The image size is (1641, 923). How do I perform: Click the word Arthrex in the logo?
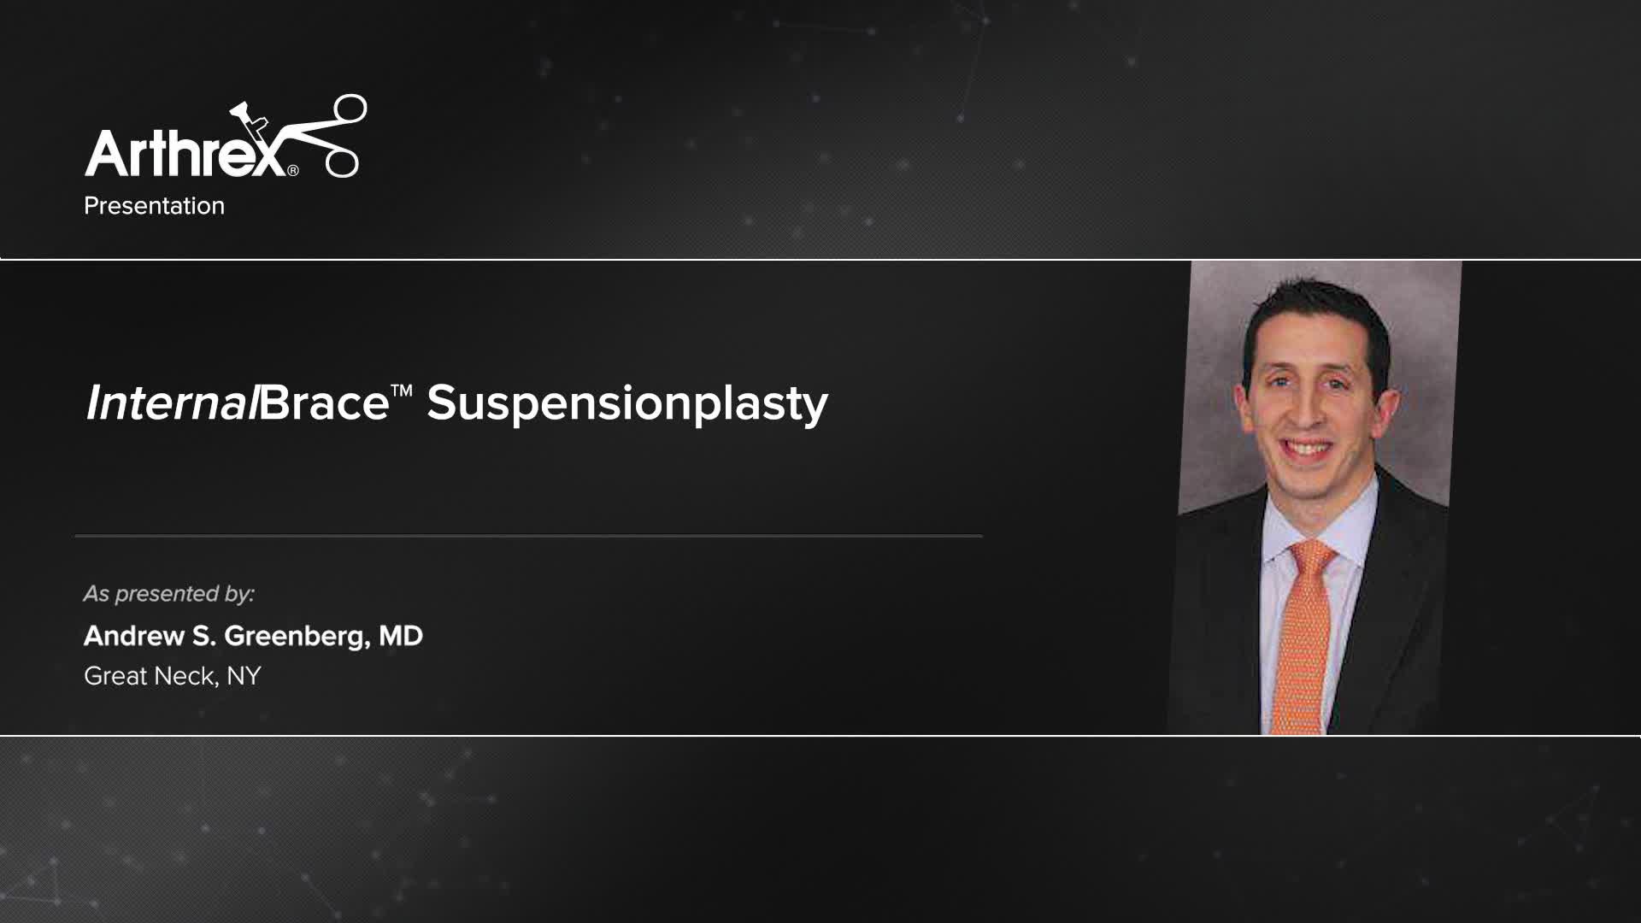tap(184, 154)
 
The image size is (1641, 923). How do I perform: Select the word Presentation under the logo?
tap(154, 206)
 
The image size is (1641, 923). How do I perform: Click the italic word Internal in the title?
tap(171, 403)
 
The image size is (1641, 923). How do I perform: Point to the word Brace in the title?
tap(324, 403)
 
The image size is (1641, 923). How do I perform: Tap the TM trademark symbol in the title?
tap(402, 391)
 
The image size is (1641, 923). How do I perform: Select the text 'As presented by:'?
tap(169, 594)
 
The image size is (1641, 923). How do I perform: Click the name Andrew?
tap(134, 636)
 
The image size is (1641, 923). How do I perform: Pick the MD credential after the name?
tap(401, 636)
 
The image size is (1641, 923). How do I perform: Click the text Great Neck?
tap(150, 676)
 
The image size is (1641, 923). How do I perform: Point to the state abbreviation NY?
tap(244, 676)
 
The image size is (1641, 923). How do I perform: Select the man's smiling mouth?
tap(1308, 448)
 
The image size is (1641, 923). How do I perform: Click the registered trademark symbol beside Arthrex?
tap(293, 170)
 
